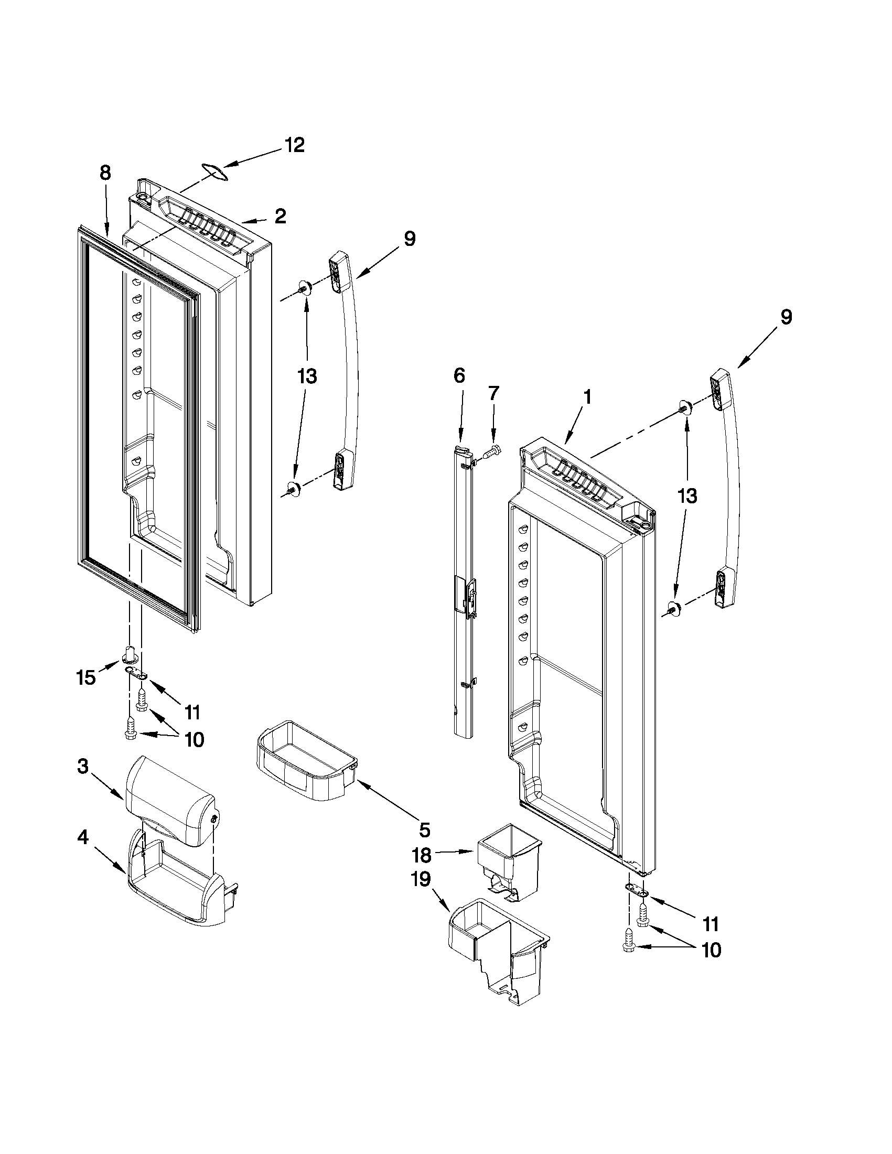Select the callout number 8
pyautogui.click(x=105, y=173)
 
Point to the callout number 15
pyautogui.click(x=86, y=677)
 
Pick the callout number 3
pyautogui.click(x=83, y=767)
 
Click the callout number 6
pyautogui.click(x=459, y=376)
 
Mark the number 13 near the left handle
pyautogui.click(x=307, y=377)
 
